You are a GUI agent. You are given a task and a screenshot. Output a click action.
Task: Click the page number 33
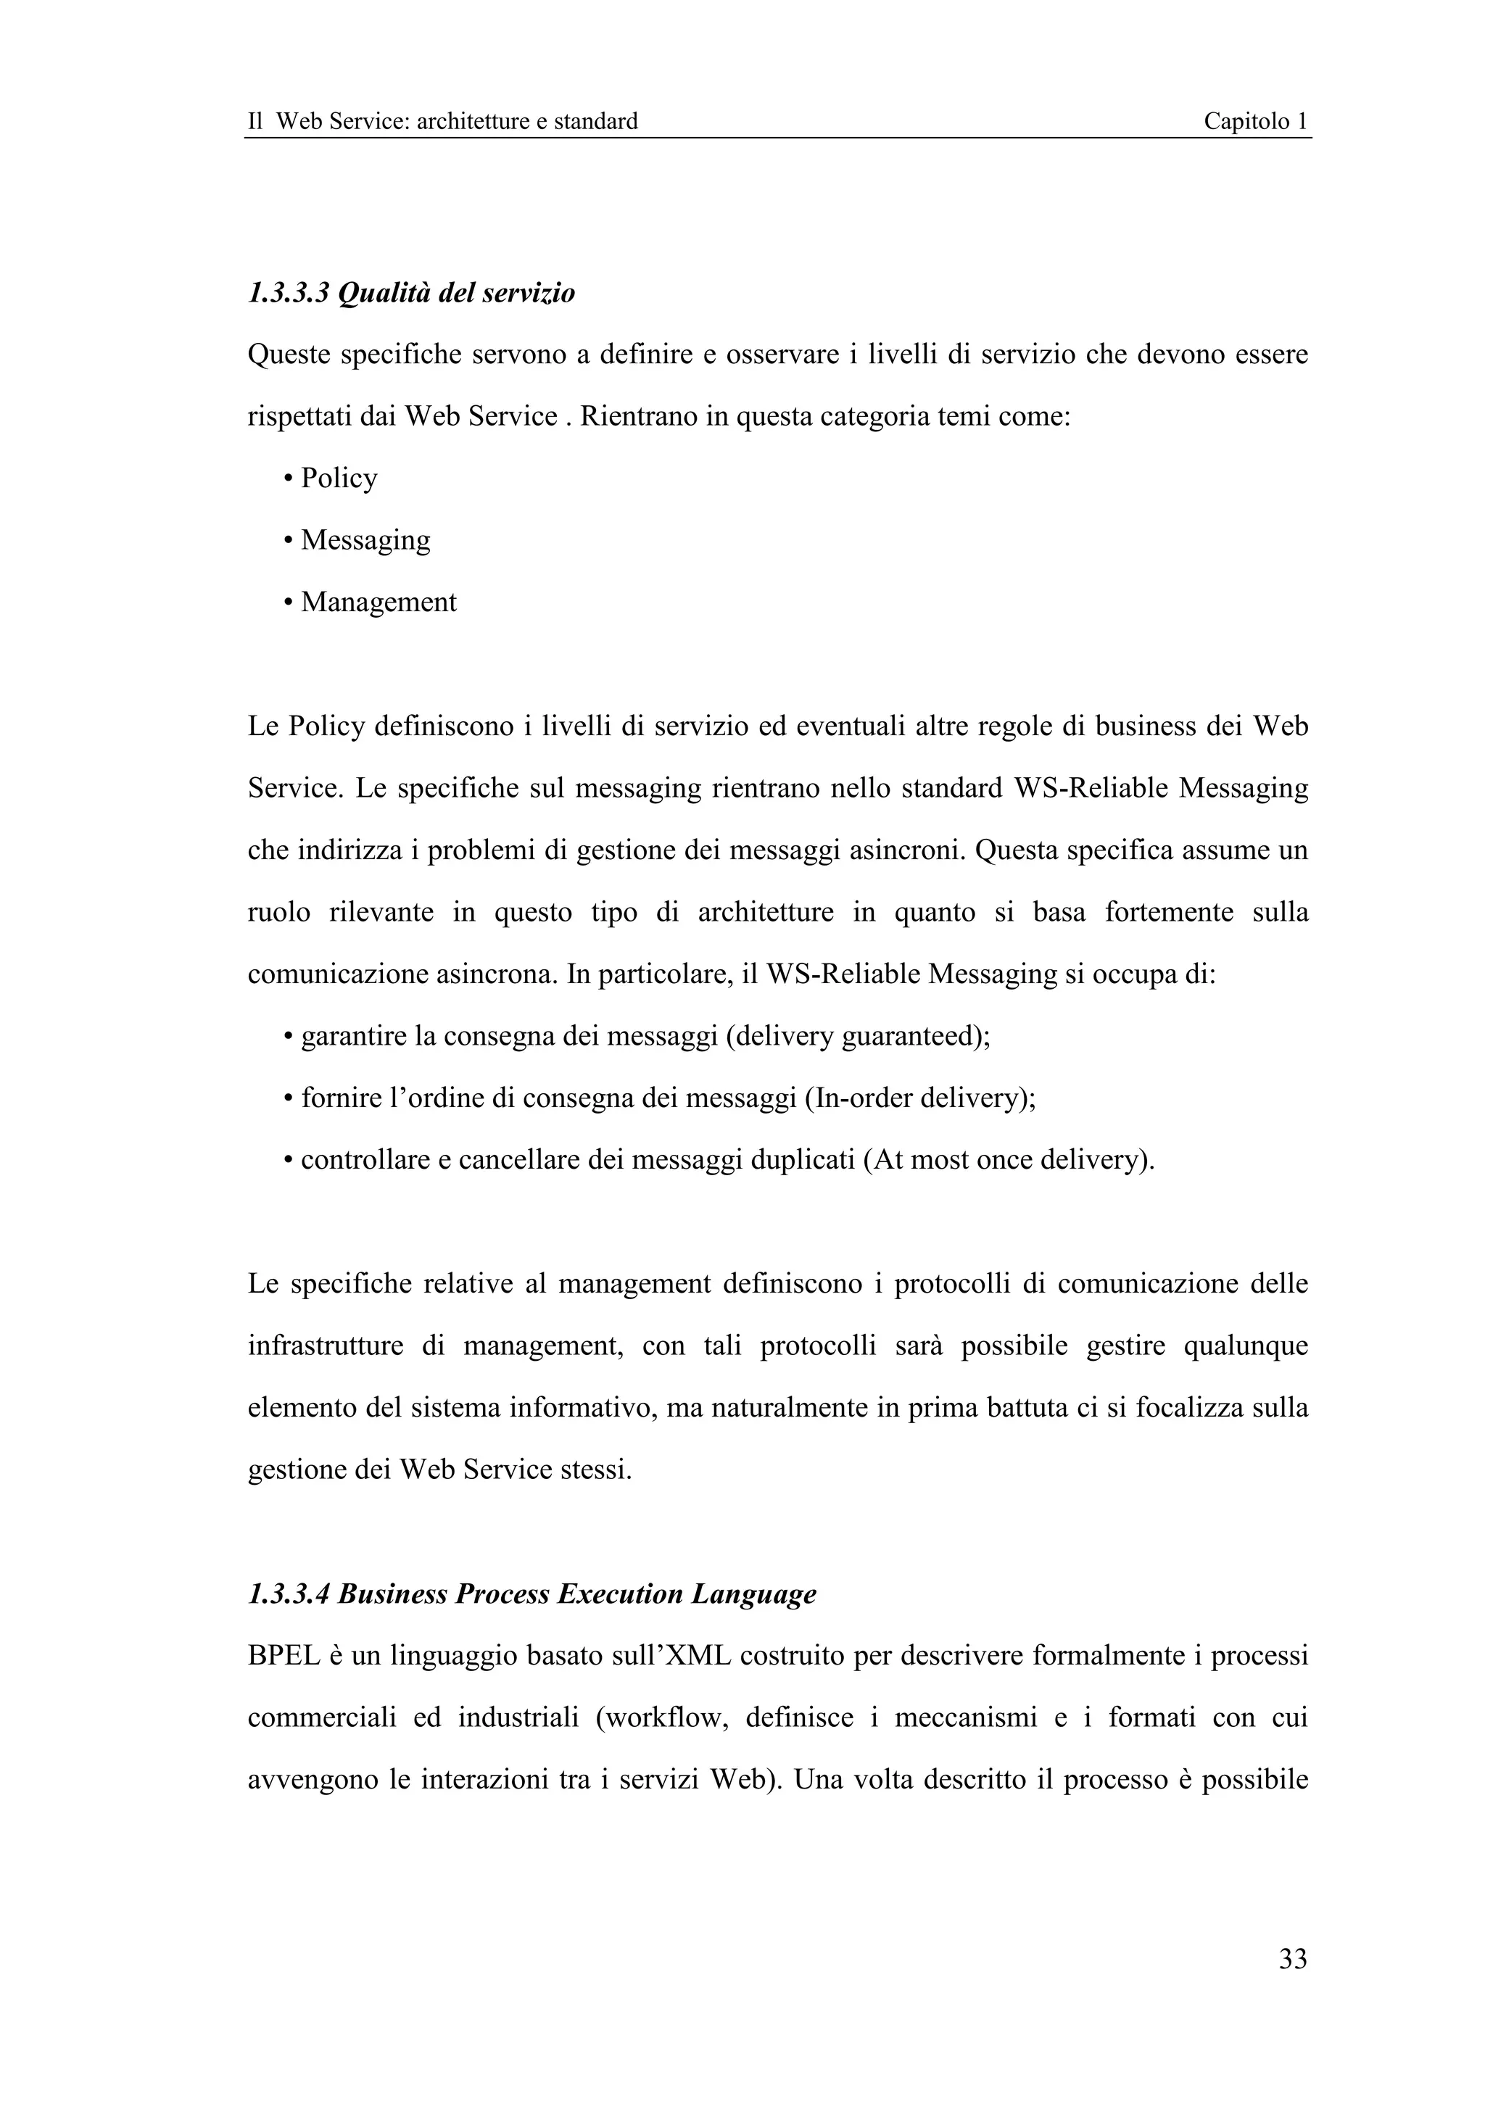point(1292,1958)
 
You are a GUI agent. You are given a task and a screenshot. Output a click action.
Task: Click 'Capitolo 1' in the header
point(1254,121)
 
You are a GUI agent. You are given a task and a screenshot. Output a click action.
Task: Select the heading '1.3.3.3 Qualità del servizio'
point(411,294)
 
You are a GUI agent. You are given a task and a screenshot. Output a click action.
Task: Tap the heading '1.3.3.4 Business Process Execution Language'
point(531,1594)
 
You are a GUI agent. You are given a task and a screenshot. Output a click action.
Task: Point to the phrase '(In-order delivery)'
point(919,1098)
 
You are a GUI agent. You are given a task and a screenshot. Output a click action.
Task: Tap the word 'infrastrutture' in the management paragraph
point(325,1346)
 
